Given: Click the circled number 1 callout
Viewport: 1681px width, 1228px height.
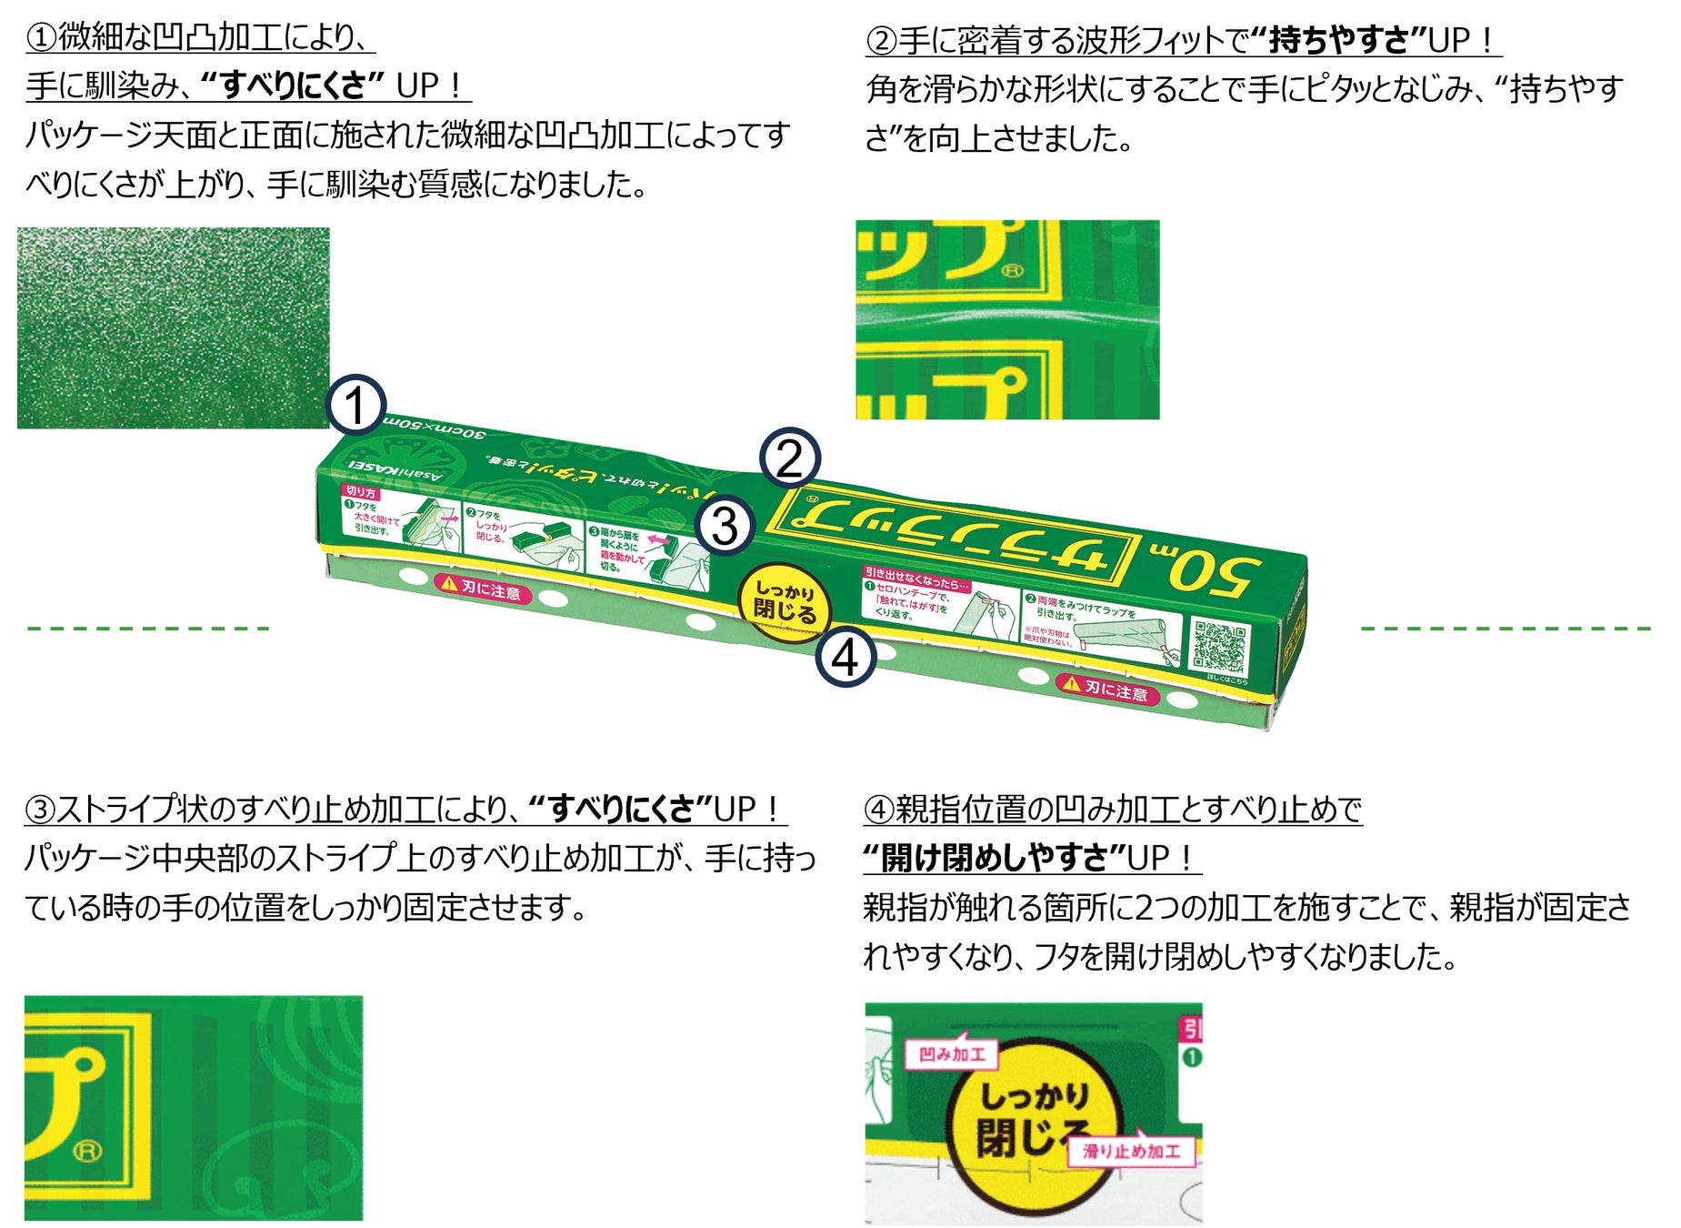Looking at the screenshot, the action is point(355,405).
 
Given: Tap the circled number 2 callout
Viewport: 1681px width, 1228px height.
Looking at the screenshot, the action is point(789,458).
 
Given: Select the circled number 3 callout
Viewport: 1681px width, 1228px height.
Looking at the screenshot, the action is point(725,526).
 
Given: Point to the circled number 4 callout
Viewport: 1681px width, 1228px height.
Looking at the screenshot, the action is point(846,657).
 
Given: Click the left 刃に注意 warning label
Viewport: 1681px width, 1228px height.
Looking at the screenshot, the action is point(482,589).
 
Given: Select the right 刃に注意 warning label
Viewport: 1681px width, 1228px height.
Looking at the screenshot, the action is point(1106,689).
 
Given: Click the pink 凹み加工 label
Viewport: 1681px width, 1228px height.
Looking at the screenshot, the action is point(952,1054).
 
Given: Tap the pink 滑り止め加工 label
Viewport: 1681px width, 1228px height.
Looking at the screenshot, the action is point(1131,1152).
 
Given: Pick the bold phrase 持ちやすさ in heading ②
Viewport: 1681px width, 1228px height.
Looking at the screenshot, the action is point(1338,40).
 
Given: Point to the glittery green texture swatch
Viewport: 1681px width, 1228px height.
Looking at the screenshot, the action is point(173,327).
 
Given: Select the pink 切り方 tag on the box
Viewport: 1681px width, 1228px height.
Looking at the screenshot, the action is point(361,491).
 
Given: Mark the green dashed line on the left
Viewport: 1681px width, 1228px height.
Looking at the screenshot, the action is point(148,628).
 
